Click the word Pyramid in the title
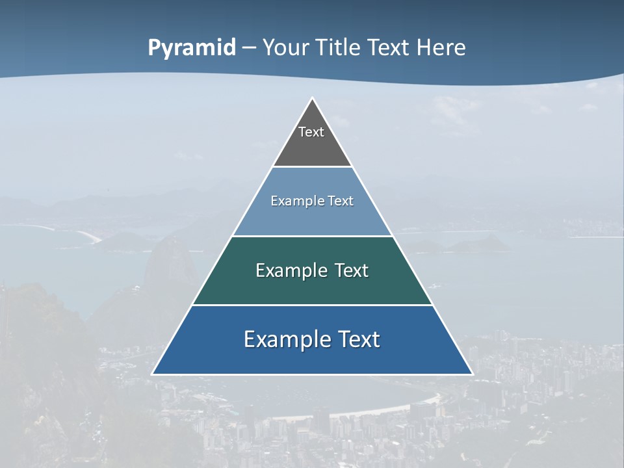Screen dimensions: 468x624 click(x=192, y=48)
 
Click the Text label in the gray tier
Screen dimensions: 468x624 click(x=311, y=132)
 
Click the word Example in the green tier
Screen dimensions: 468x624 click(x=287, y=270)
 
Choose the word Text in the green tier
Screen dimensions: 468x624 click(x=352, y=270)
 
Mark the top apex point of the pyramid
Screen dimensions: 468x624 click(x=312, y=98)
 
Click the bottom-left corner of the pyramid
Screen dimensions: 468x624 click(x=153, y=374)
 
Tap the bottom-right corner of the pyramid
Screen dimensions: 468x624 click(x=472, y=374)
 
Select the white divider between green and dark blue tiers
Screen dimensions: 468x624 click(x=312, y=305)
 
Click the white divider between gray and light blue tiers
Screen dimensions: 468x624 click(x=312, y=167)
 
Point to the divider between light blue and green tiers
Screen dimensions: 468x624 click(x=312, y=236)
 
